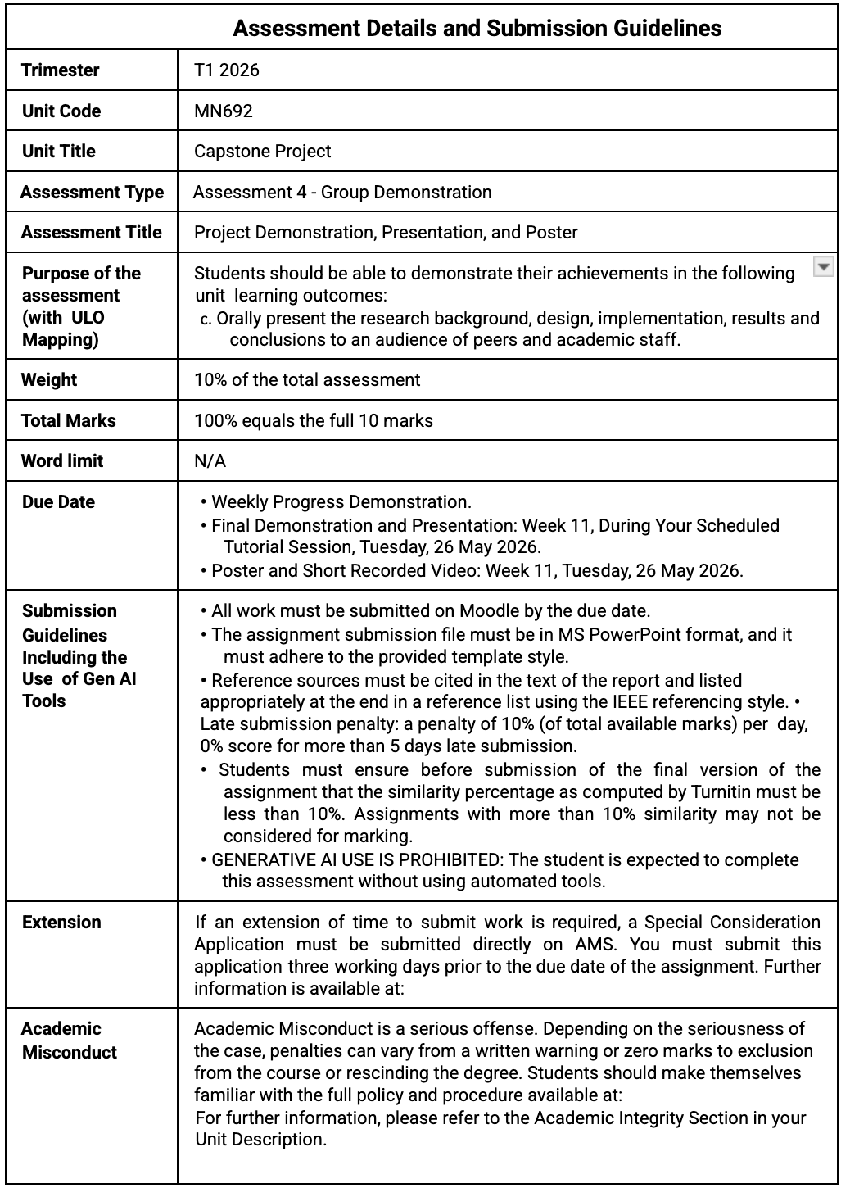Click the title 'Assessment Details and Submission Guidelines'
(477, 29)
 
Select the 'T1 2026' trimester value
(227, 70)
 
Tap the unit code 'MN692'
(224, 111)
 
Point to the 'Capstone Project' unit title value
(263, 152)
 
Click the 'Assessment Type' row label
(92, 193)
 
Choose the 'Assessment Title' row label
(92, 233)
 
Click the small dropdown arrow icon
(823, 267)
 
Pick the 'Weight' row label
(49, 380)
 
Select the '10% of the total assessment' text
(307, 380)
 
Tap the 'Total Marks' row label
(69, 421)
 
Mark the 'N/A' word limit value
(210, 461)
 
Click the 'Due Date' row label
(58, 502)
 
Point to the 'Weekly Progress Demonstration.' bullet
(341, 502)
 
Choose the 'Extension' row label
(61, 923)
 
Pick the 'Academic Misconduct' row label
(69, 1041)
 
